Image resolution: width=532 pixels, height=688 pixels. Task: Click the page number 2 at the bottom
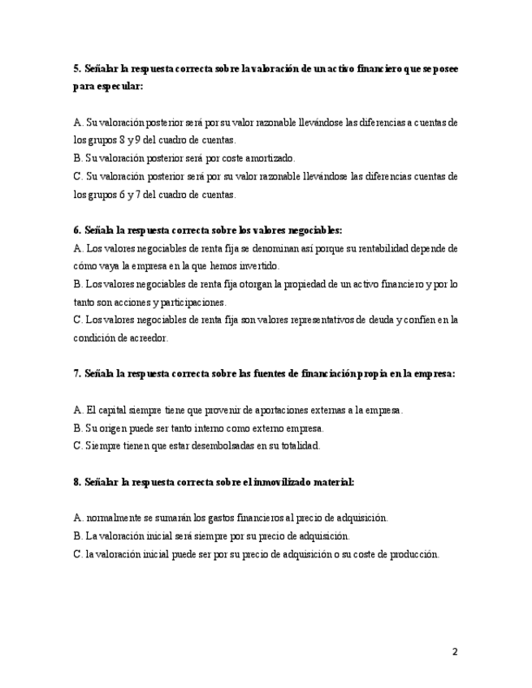(455, 651)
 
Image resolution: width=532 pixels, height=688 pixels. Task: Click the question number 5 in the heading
(76, 70)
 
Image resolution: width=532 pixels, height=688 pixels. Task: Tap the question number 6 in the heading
(76, 230)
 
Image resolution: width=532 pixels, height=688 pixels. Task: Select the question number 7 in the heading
(76, 374)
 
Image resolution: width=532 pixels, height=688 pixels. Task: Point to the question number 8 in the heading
(76, 482)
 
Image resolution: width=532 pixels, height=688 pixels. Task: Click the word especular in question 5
(117, 88)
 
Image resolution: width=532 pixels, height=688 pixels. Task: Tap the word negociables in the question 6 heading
(314, 230)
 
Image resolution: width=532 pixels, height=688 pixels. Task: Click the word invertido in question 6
(256, 266)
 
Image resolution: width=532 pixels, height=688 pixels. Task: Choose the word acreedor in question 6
(145, 338)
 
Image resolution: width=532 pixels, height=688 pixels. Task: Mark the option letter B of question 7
(77, 428)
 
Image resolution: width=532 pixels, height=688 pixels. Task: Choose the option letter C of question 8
(77, 554)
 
